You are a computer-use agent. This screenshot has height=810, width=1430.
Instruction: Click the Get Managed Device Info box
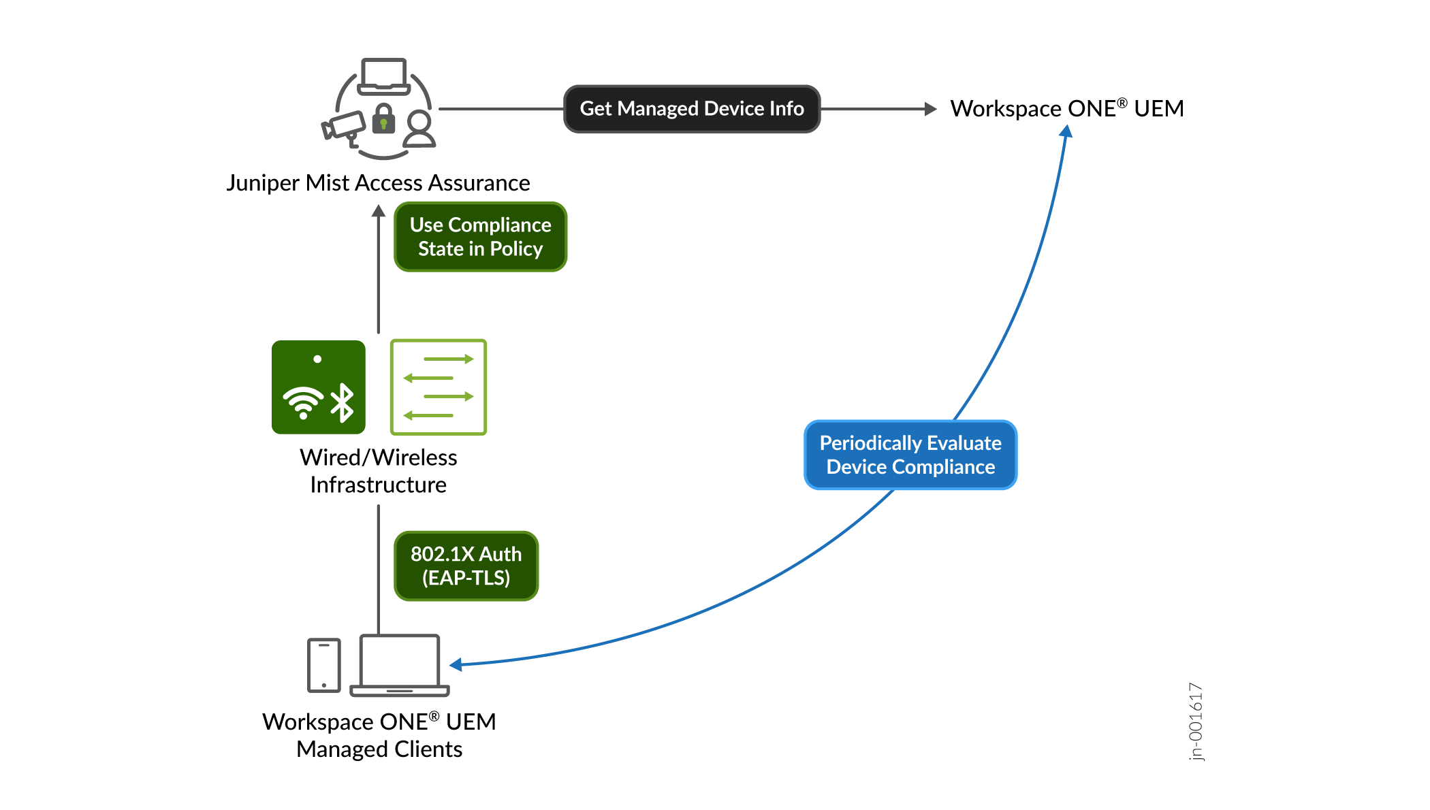pos(692,109)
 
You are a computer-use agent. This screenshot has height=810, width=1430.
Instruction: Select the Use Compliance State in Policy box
pos(480,237)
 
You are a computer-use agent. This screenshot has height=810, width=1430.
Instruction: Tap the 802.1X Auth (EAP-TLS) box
pos(466,566)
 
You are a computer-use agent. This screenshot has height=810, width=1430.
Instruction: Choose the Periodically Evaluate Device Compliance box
pos(910,455)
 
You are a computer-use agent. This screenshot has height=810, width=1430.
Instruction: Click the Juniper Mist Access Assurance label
pos(378,183)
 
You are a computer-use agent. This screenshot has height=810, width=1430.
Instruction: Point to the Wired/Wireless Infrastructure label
pos(378,471)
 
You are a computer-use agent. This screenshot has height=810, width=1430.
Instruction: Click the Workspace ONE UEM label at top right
pos(1066,109)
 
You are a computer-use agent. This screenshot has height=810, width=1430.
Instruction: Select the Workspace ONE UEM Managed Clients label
pos(379,735)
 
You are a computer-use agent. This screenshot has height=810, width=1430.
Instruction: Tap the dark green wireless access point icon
pos(319,387)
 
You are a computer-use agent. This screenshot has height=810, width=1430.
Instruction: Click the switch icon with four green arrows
pos(439,387)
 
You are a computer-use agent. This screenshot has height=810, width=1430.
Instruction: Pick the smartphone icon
pos(324,665)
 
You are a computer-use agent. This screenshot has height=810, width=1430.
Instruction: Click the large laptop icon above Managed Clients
pos(400,665)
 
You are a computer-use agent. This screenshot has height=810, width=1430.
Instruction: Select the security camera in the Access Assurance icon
pos(344,127)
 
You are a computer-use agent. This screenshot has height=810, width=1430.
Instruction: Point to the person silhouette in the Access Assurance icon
pos(419,129)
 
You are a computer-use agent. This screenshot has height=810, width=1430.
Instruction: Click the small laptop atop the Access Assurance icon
pos(384,76)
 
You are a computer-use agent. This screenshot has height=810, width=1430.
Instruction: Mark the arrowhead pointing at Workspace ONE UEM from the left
pos(931,109)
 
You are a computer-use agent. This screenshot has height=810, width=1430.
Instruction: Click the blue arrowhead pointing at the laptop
pos(456,664)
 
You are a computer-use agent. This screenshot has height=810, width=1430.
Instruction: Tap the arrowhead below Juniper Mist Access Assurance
pos(379,211)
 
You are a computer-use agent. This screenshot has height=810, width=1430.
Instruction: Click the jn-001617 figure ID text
pos(1196,722)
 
